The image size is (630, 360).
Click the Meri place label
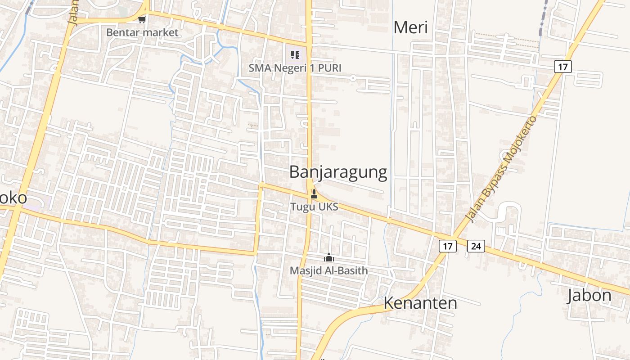pyautogui.click(x=410, y=27)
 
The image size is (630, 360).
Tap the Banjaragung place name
pyautogui.click(x=338, y=172)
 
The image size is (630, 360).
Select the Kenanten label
pyautogui.click(x=420, y=303)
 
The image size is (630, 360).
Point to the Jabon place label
pyautogui.click(x=589, y=296)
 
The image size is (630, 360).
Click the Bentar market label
pyautogui.click(x=142, y=32)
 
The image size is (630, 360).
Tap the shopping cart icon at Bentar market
pyautogui.click(x=142, y=19)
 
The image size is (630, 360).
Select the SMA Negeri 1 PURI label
pyautogui.click(x=295, y=68)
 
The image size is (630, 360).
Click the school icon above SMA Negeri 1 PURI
pyautogui.click(x=295, y=55)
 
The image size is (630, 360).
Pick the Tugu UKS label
pyautogui.click(x=314, y=207)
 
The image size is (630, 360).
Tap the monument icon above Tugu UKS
pyautogui.click(x=314, y=194)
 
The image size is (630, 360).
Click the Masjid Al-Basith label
pyautogui.click(x=328, y=270)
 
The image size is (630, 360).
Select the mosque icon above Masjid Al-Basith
pyautogui.click(x=329, y=257)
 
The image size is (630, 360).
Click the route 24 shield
pyautogui.click(x=476, y=246)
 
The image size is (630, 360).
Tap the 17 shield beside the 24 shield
pyautogui.click(x=447, y=246)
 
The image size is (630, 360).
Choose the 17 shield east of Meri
pyautogui.click(x=562, y=67)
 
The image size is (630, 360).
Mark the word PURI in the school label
pyautogui.click(x=329, y=68)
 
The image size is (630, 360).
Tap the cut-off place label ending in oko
pyautogui.click(x=13, y=198)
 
